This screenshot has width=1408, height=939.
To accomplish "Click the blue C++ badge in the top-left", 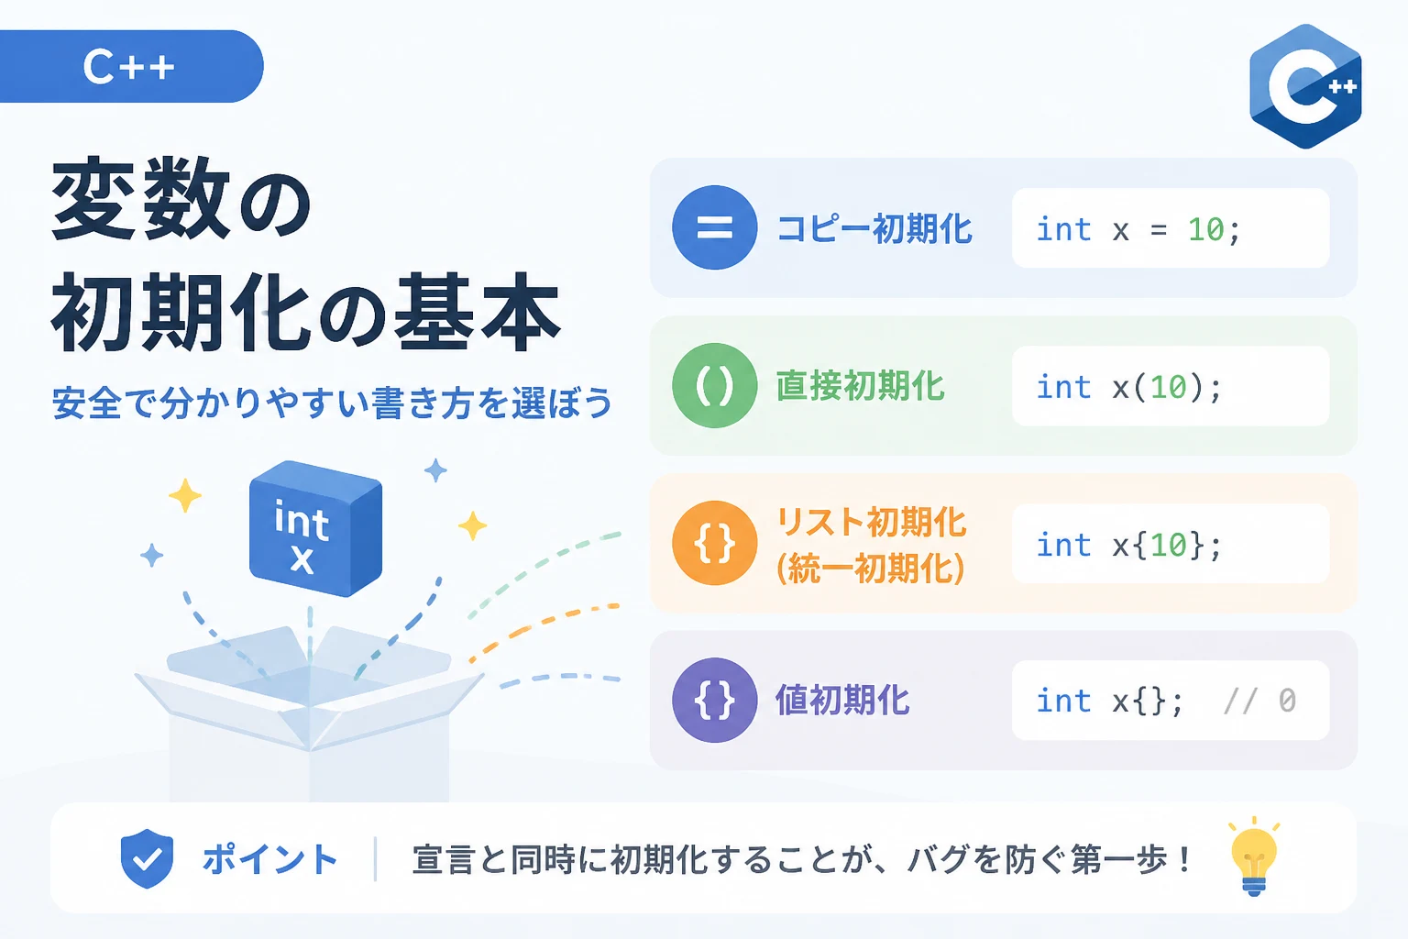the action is [131, 66].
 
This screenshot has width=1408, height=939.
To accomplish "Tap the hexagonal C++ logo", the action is [1305, 86].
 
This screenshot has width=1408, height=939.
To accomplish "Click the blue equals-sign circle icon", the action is [715, 227].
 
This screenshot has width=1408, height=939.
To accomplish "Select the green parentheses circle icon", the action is [715, 385].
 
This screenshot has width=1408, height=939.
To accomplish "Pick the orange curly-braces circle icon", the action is [715, 543].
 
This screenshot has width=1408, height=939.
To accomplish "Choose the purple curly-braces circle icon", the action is [715, 700].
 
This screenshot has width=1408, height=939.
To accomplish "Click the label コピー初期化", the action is [874, 228].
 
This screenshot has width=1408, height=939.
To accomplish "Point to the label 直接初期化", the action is [860, 385].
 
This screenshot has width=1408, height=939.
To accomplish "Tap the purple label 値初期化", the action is [842, 700].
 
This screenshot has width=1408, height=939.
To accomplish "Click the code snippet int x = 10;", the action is [1138, 229].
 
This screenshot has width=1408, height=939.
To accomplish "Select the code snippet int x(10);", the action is [1129, 387].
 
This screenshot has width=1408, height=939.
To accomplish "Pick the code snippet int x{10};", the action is [1129, 545].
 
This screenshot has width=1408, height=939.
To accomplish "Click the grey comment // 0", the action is [1259, 701].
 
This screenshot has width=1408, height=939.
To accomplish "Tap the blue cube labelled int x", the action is [315, 528].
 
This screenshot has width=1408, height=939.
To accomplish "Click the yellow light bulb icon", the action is [1254, 856].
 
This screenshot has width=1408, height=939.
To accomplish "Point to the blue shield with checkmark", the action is [147, 858].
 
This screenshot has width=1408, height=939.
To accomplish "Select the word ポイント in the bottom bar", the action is [269, 859].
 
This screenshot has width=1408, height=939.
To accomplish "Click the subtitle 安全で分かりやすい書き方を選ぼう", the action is [332, 403].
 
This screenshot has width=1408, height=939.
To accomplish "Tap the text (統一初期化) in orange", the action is [871, 569].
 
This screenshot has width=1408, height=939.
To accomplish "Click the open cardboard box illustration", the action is [309, 711].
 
